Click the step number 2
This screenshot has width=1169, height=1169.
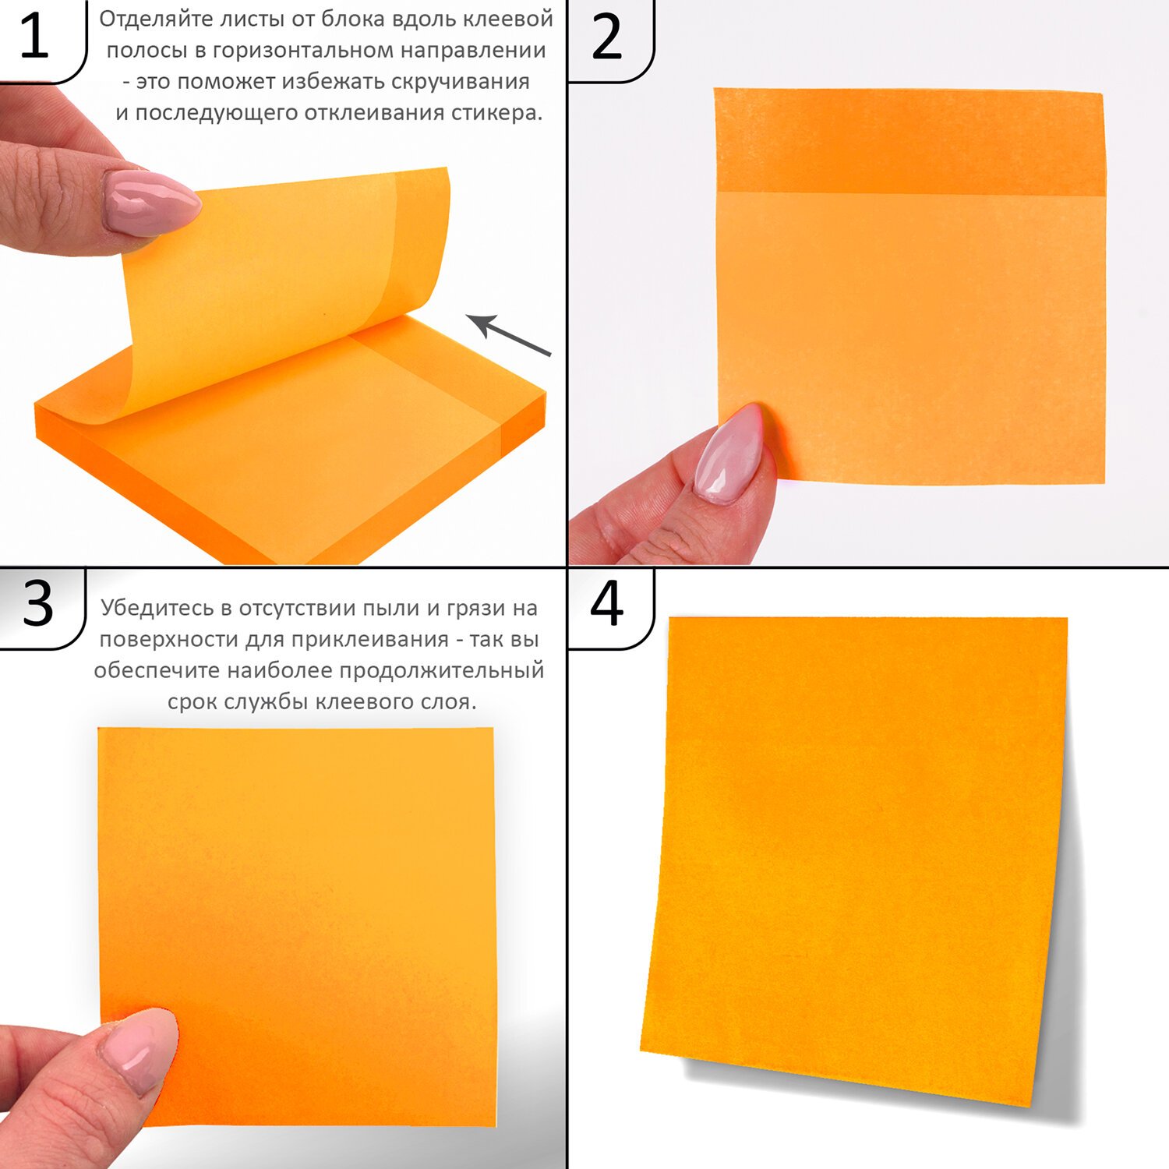tap(606, 37)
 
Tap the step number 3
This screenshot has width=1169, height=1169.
tap(37, 603)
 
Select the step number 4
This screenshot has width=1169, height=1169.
tap(606, 603)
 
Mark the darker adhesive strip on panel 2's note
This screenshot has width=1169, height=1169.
tap(909, 142)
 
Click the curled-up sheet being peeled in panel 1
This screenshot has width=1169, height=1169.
tap(281, 288)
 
